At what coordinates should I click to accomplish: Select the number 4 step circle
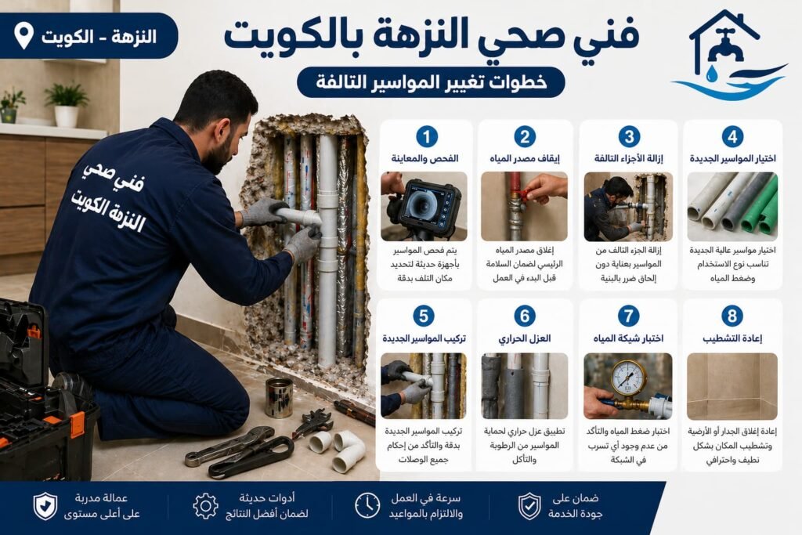tap(732, 136)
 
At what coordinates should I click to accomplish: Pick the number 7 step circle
tap(628, 316)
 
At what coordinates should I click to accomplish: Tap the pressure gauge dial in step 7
tap(628, 377)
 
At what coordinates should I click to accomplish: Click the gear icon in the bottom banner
tap(205, 505)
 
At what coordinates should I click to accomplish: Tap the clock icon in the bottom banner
tap(367, 505)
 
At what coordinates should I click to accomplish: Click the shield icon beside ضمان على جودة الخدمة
tap(529, 505)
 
